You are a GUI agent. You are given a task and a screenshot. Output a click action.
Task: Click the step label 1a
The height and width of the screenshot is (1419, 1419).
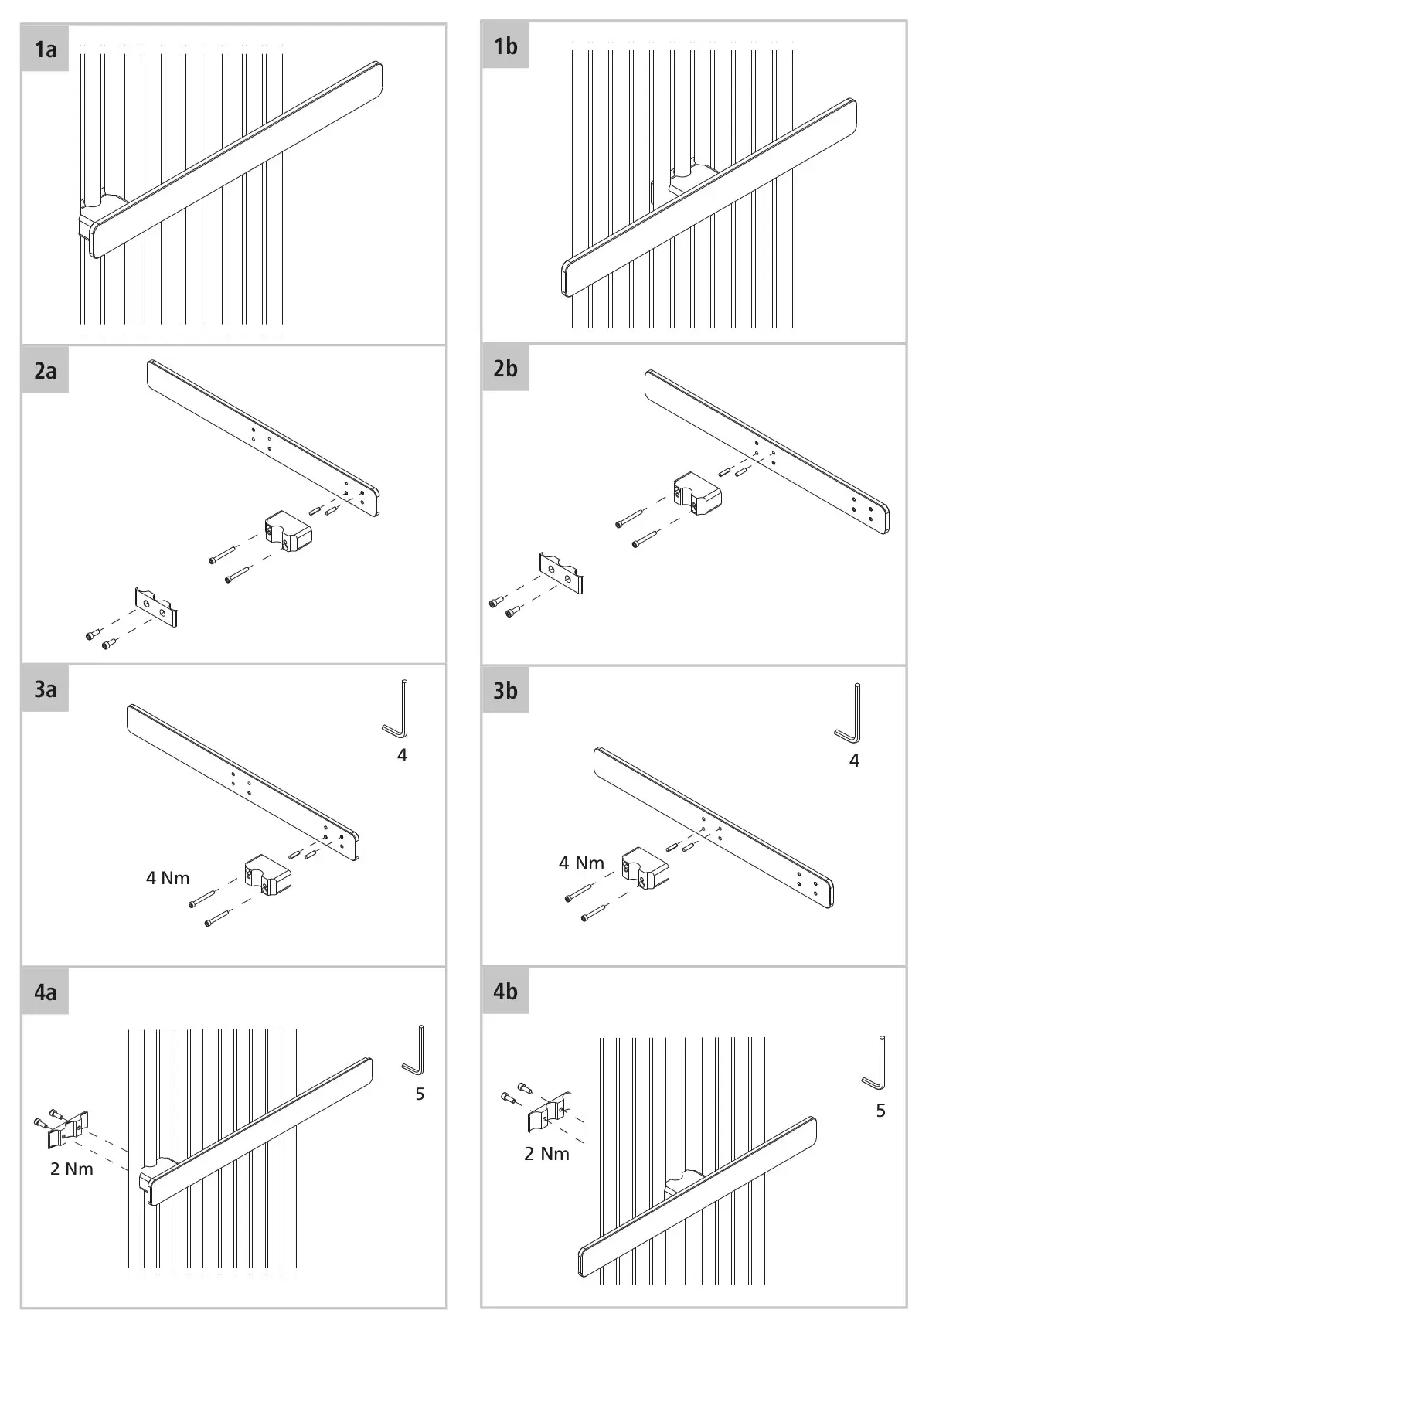46,50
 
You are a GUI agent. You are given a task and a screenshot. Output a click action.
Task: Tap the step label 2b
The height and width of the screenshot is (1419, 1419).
505,369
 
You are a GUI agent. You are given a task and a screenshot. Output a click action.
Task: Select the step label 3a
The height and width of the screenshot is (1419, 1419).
46,689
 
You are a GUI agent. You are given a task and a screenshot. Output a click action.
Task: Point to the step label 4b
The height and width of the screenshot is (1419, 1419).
505,992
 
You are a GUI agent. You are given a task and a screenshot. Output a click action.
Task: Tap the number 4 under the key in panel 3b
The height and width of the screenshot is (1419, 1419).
854,761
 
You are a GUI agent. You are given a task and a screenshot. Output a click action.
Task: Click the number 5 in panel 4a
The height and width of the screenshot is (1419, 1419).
420,1094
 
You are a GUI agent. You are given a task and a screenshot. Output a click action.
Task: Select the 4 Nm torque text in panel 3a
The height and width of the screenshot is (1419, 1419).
168,878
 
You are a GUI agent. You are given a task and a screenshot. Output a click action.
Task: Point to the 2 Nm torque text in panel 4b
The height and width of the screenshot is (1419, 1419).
546,1154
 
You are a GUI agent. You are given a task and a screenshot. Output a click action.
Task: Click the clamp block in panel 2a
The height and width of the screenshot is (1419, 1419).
288,531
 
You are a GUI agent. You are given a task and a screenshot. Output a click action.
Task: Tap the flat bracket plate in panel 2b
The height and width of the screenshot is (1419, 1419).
561,573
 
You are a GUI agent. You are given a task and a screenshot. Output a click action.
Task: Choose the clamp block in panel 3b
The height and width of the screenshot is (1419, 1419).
645,868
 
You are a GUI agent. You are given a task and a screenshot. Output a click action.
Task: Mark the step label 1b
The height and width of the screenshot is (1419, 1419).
505,47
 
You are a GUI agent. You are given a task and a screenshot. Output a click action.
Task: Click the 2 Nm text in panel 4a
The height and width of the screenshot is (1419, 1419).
72,1169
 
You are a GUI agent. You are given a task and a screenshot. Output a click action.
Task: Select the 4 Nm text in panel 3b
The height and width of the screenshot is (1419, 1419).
581,863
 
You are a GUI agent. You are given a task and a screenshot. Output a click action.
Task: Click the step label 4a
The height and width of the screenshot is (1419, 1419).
46,992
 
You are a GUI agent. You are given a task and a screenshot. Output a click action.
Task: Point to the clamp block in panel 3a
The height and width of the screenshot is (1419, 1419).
267,875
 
